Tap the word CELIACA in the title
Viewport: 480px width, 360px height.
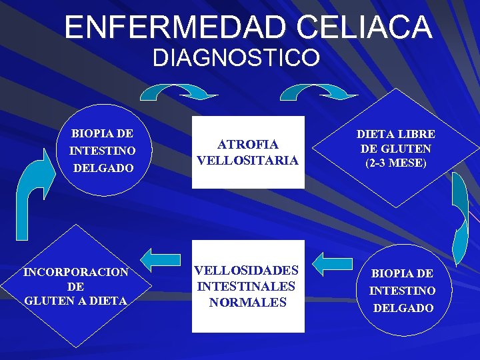pos(365,27)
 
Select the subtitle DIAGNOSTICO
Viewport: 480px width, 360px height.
pos(236,58)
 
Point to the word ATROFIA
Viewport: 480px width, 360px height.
pos(248,144)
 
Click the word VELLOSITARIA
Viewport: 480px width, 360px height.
pos(248,161)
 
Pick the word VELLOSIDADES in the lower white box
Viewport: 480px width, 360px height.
pos(247,270)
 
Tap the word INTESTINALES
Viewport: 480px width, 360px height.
pos(247,286)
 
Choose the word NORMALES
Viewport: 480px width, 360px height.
pos(247,302)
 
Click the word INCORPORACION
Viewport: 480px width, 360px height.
pos(76,272)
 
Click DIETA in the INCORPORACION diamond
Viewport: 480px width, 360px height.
pos(107,301)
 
